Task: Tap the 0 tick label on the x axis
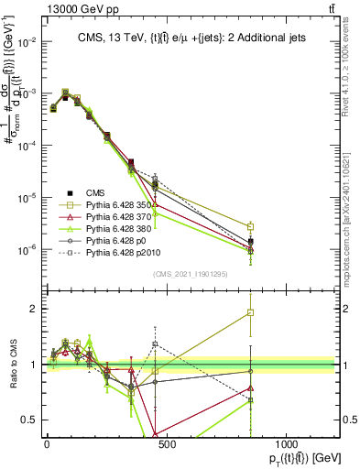47,443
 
